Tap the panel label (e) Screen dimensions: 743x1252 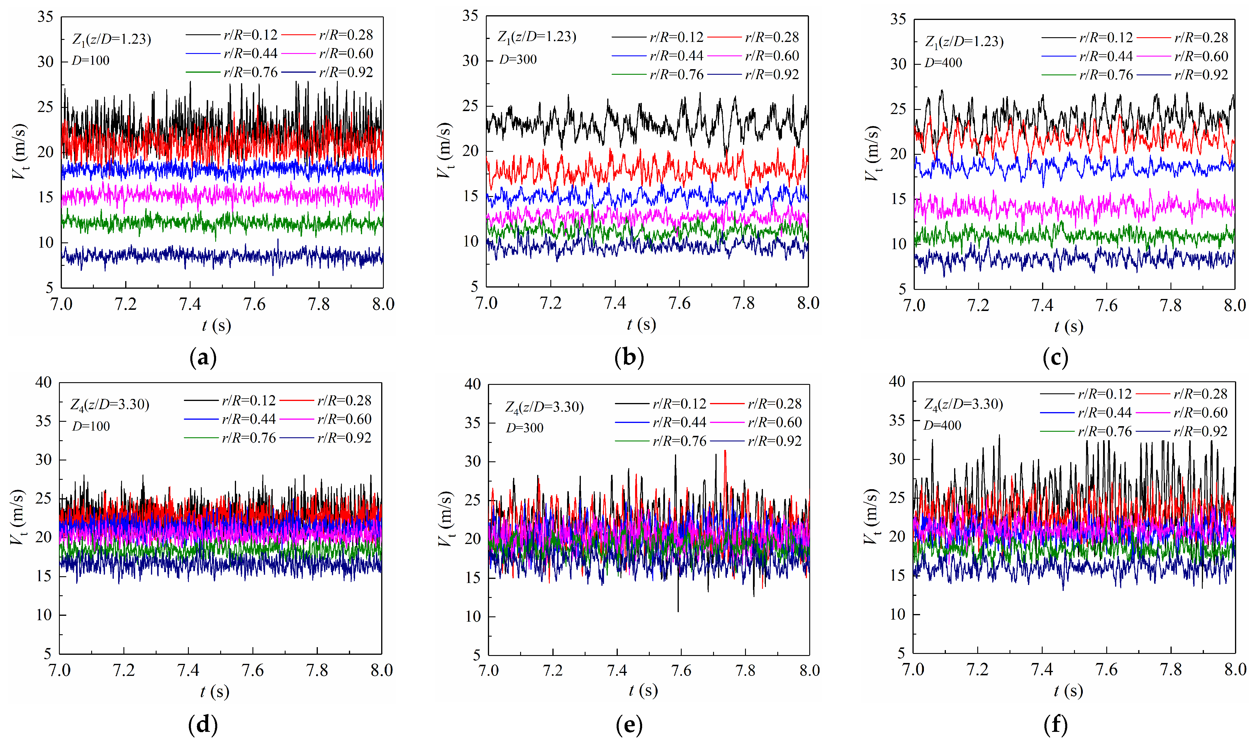pos(629,725)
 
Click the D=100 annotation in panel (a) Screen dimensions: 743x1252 pos(90,61)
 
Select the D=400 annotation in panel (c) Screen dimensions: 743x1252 pos(943,63)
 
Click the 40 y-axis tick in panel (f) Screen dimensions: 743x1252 pos(897,382)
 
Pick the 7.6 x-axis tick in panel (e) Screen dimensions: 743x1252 pos(681,670)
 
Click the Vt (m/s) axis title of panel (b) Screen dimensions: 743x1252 pos(444,150)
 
